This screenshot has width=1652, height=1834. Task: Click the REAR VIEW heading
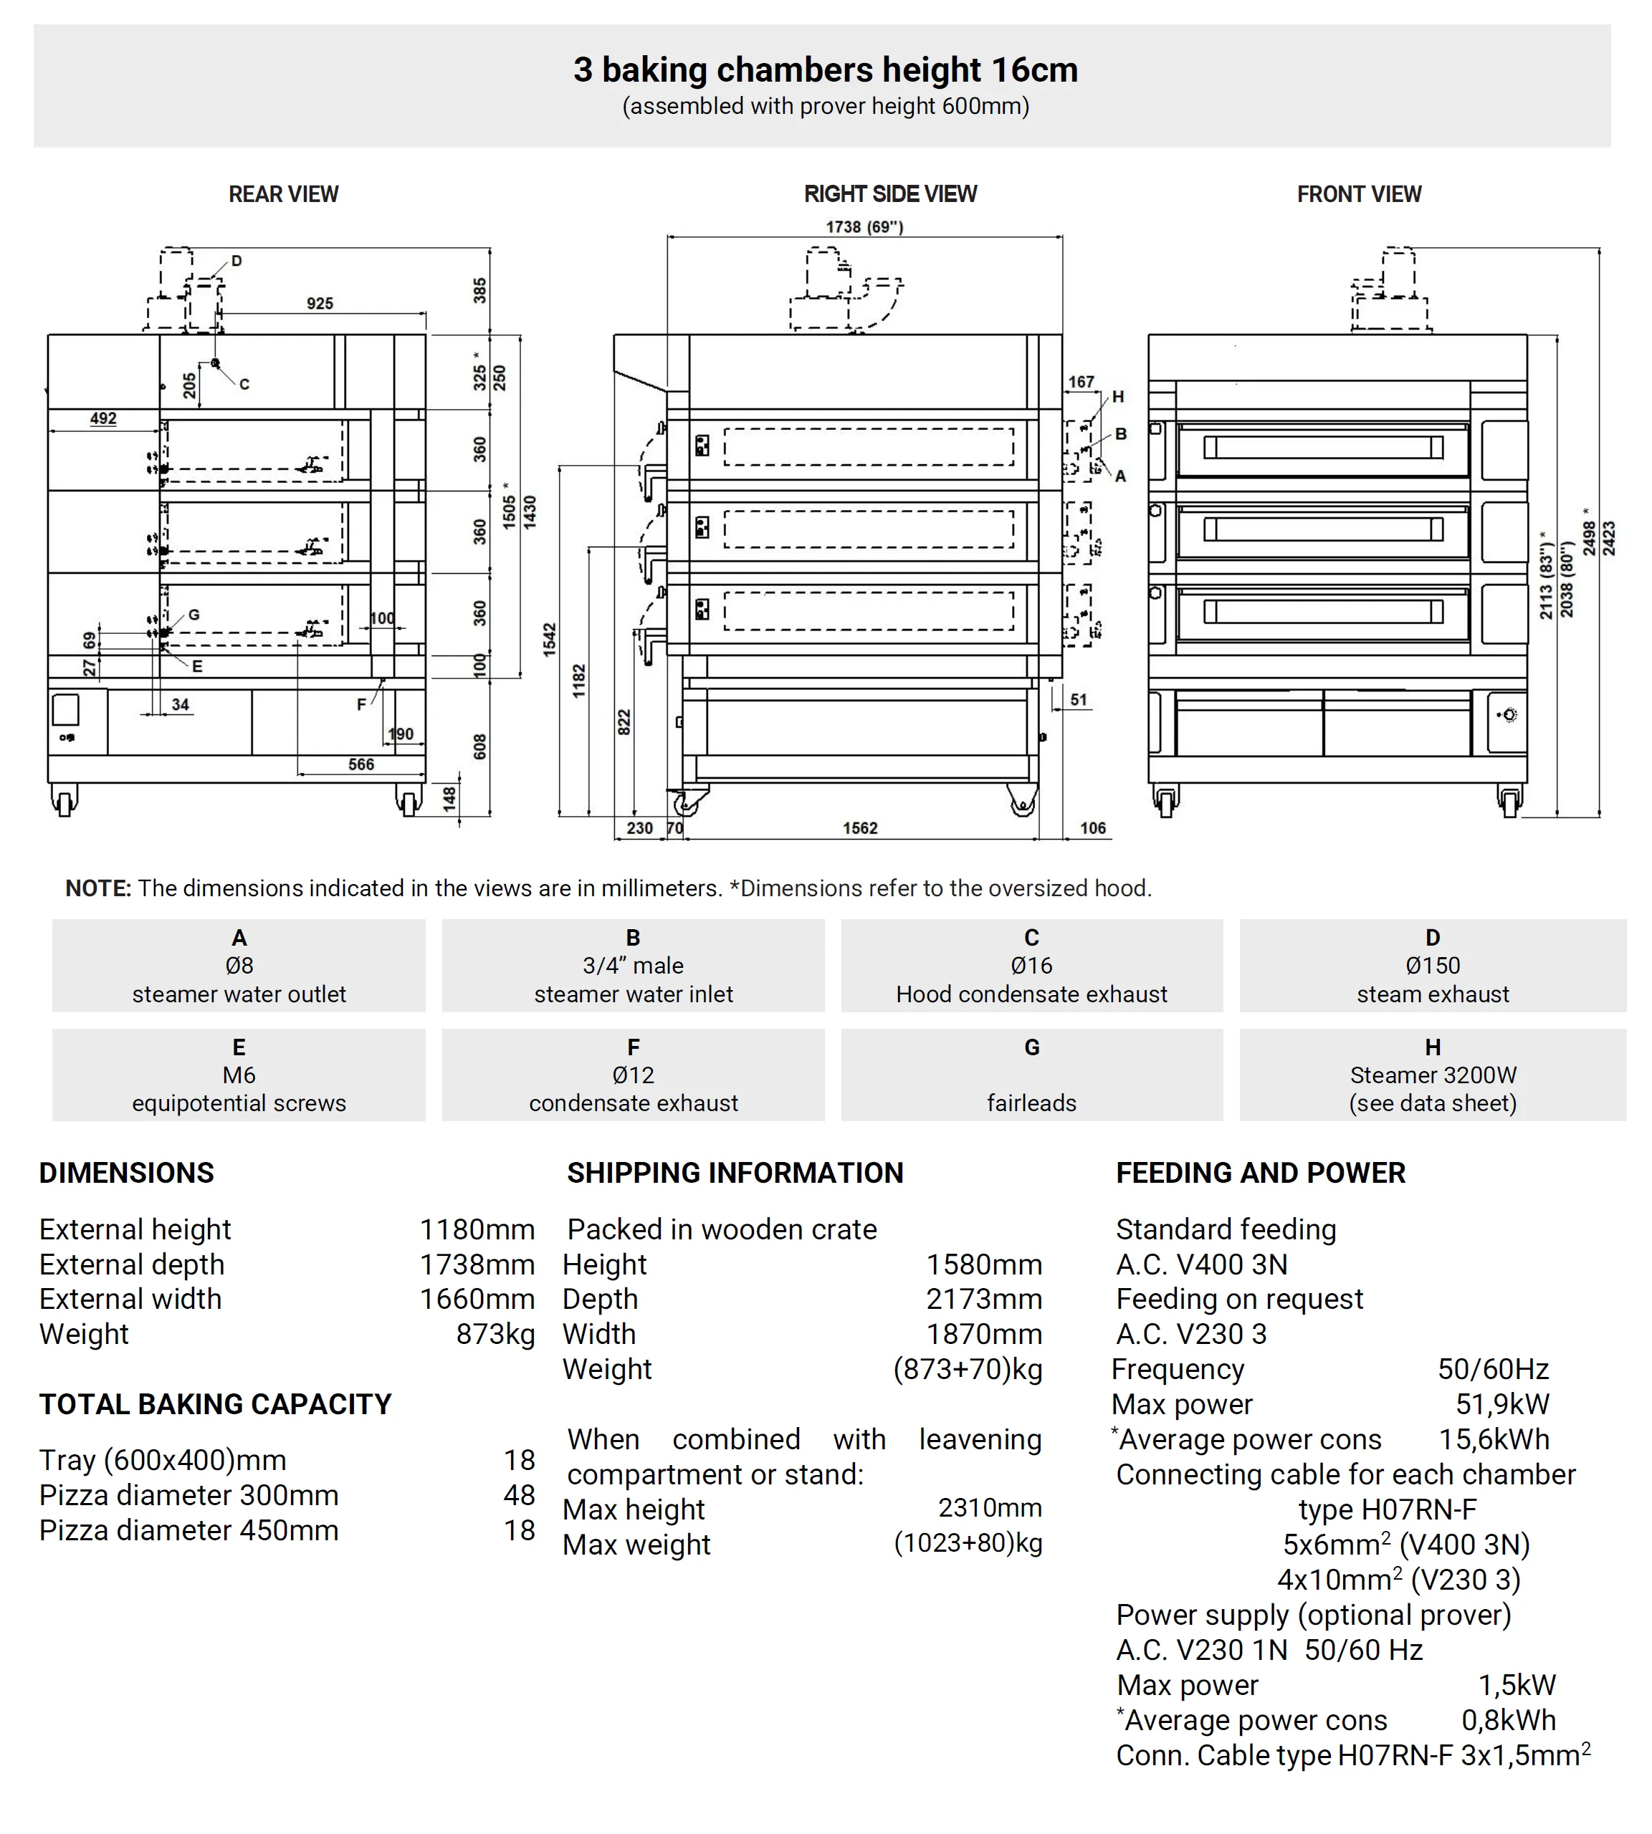point(283,194)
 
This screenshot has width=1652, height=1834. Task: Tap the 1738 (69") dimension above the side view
point(864,227)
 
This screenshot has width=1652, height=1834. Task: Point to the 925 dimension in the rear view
point(320,303)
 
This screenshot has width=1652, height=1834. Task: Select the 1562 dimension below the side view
point(859,827)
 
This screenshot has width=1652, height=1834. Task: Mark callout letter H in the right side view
point(1118,397)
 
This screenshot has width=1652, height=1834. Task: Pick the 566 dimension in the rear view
point(361,764)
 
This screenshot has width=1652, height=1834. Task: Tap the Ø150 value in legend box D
point(1433,966)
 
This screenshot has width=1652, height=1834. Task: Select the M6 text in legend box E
point(239,1075)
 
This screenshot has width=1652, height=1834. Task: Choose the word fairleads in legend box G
point(1031,1103)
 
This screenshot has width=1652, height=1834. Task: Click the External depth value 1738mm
point(477,1264)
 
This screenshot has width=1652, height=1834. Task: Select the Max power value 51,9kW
point(1502,1404)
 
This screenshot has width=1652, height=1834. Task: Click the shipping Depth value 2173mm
point(984,1299)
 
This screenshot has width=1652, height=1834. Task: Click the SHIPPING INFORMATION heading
point(735,1173)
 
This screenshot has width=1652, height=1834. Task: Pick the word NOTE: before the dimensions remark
point(98,888)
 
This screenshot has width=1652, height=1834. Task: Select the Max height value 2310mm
point(989,1507)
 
